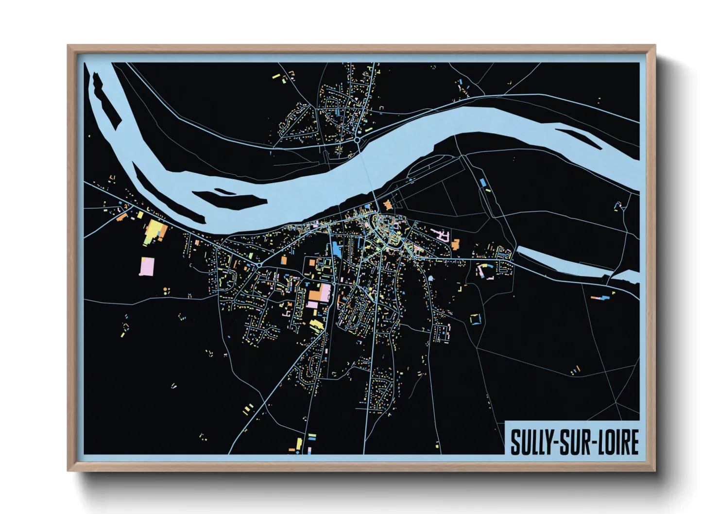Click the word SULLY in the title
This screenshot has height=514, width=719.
click(532, 442)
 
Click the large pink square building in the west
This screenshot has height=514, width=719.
click(147, 266)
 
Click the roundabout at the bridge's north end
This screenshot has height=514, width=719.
click(358, 140)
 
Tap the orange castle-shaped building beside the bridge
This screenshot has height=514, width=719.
click(388, 205)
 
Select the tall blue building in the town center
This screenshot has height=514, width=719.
click(336, 250)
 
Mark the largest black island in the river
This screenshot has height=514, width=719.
click(228, 199)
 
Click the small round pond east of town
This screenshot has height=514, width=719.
click(430, 279)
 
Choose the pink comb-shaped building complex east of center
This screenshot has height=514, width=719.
click(442, 236)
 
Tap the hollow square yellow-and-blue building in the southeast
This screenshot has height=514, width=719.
click(475, 319)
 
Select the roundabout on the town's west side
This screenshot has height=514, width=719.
click(259, 265)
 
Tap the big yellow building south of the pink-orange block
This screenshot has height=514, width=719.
click(316, 325)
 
